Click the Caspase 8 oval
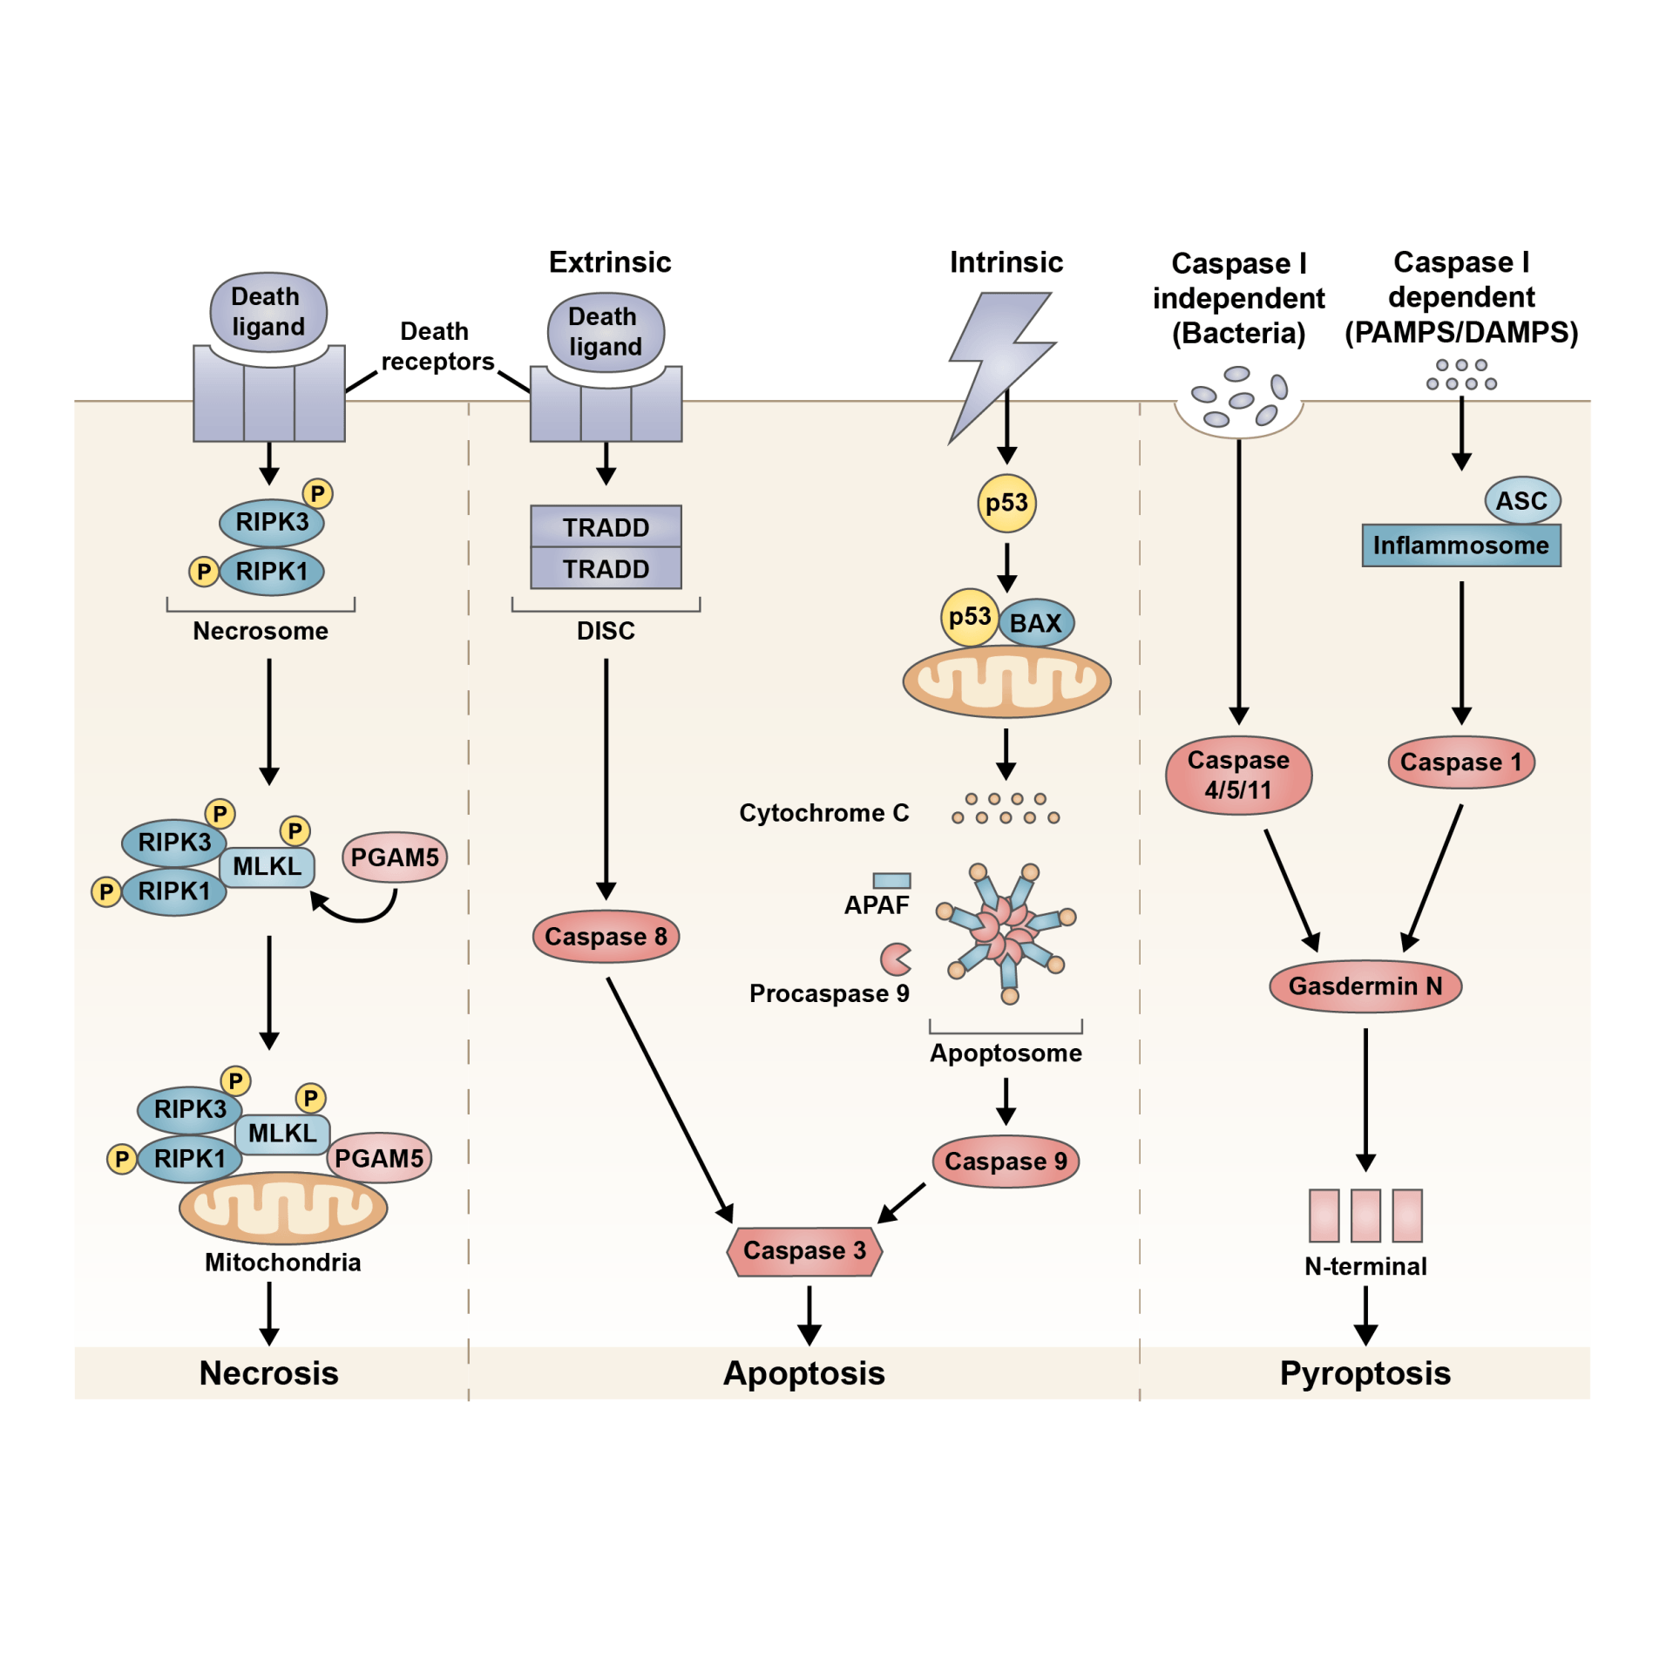coord(606,937)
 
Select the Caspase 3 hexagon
coord(804,1250)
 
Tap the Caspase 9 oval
coord(1006,1161)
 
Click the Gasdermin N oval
coord(1365,986)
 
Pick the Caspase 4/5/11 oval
coord(1238,776)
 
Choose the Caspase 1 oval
coord(1460,762)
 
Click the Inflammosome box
coord(1460,545)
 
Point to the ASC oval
coord(1521,501)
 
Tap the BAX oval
coord(1036,623)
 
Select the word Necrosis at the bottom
coord(268,1373)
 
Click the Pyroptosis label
coord(1365,1373)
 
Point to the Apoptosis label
coord(803,1373)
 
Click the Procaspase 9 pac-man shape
coord(895,959)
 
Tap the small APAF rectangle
coord(891,881)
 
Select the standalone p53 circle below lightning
coord(1006,503)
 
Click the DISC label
coord(606,631)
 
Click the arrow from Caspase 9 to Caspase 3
coord(901,1203)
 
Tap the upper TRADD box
coord(606,527)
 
